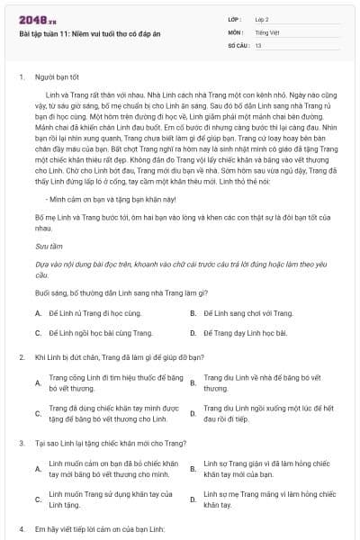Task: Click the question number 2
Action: pos(21,357)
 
